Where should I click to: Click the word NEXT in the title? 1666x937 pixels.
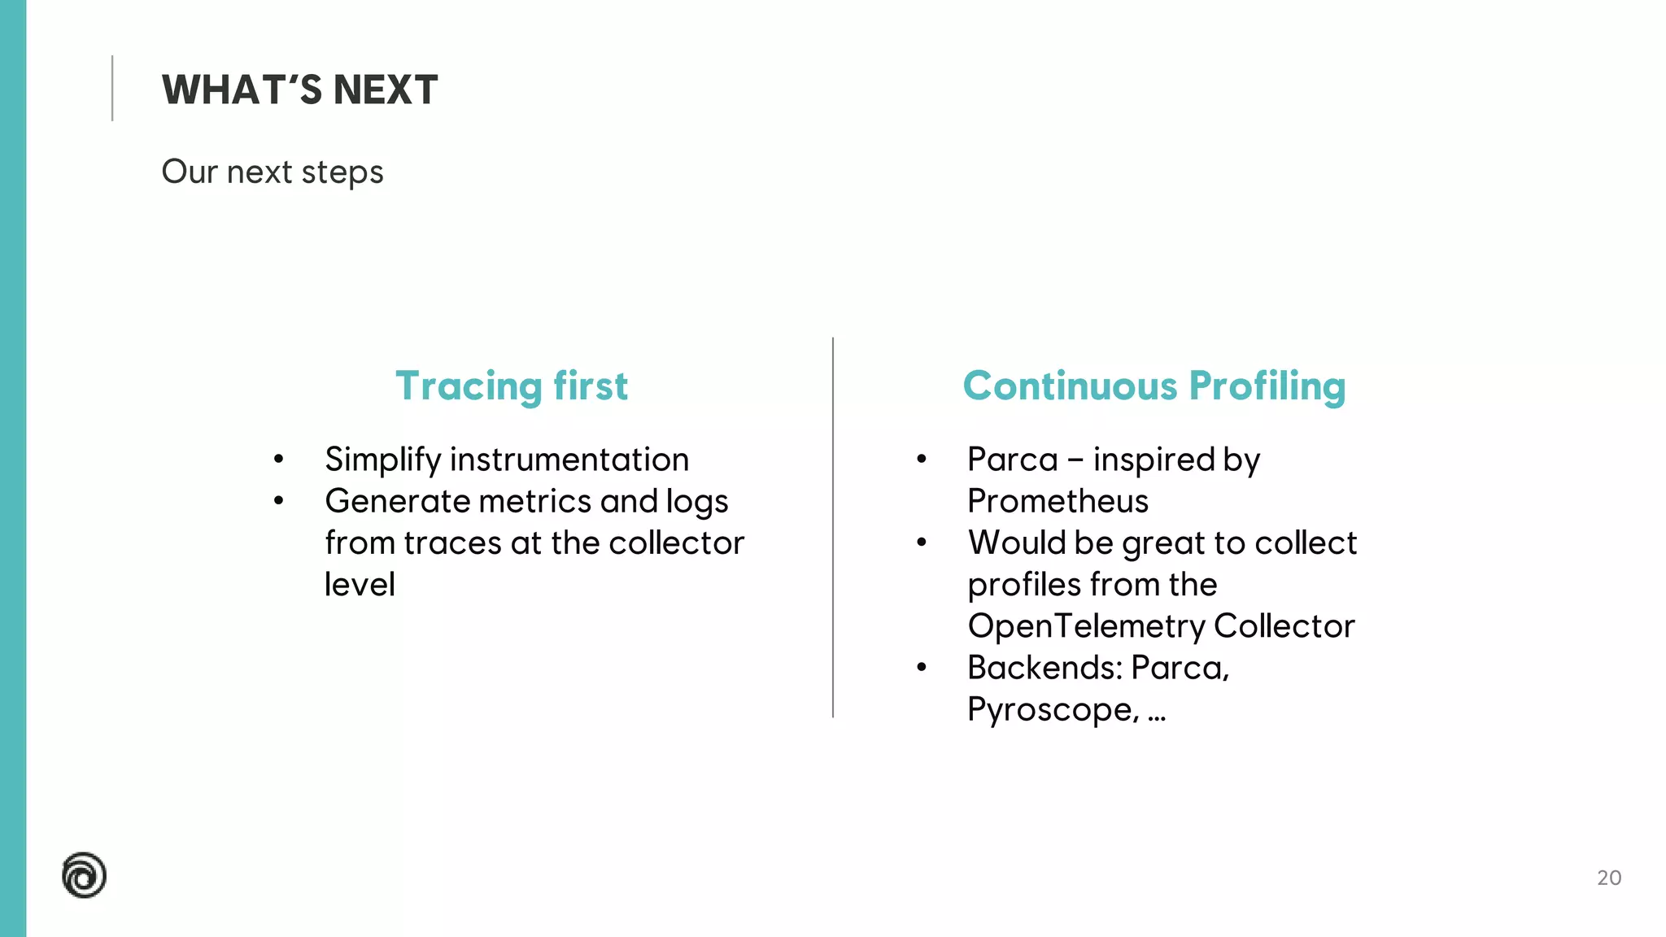click(x=385, y=89)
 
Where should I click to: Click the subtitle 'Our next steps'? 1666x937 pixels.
click(x=272, y=172)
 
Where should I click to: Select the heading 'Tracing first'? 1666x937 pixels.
click(x=511, y=386)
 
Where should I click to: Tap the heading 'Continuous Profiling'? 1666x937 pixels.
click(x=1154, y=386)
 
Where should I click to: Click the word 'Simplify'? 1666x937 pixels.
click(x=382, y=460)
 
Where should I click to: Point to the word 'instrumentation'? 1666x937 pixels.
click(x=569, y=460)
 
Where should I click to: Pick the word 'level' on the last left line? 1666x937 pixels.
click(x=360, y=584)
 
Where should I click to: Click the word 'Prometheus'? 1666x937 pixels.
click(x=1058, y=501)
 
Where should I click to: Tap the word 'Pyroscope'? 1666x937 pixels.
click(x=1053, y=709)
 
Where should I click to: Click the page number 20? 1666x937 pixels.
click(x=1608, y=878)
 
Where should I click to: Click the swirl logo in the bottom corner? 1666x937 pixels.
click(x=85, y=875)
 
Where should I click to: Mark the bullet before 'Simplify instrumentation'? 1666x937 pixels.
click(x=279, y=460)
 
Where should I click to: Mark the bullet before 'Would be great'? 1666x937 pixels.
click(x=921, y=543)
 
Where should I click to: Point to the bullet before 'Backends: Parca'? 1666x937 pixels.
click(x=921, y=668)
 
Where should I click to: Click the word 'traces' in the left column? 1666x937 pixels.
click(x=452, y=543)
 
